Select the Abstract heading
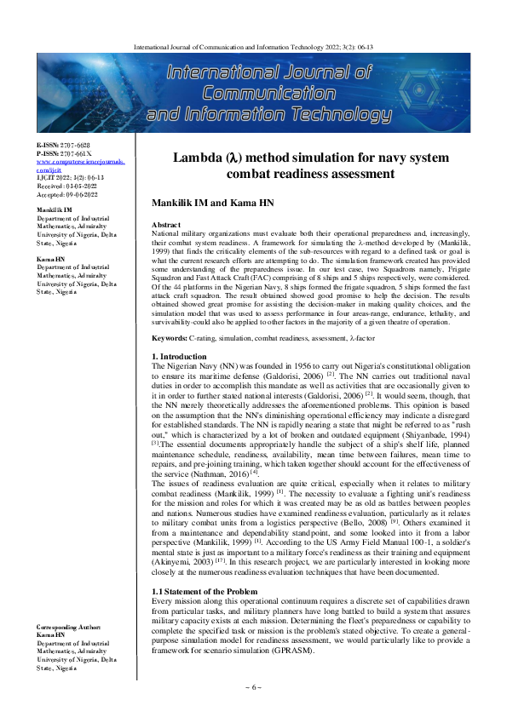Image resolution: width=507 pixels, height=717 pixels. click(165, 223)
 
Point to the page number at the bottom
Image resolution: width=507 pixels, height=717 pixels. click(253, 687)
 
